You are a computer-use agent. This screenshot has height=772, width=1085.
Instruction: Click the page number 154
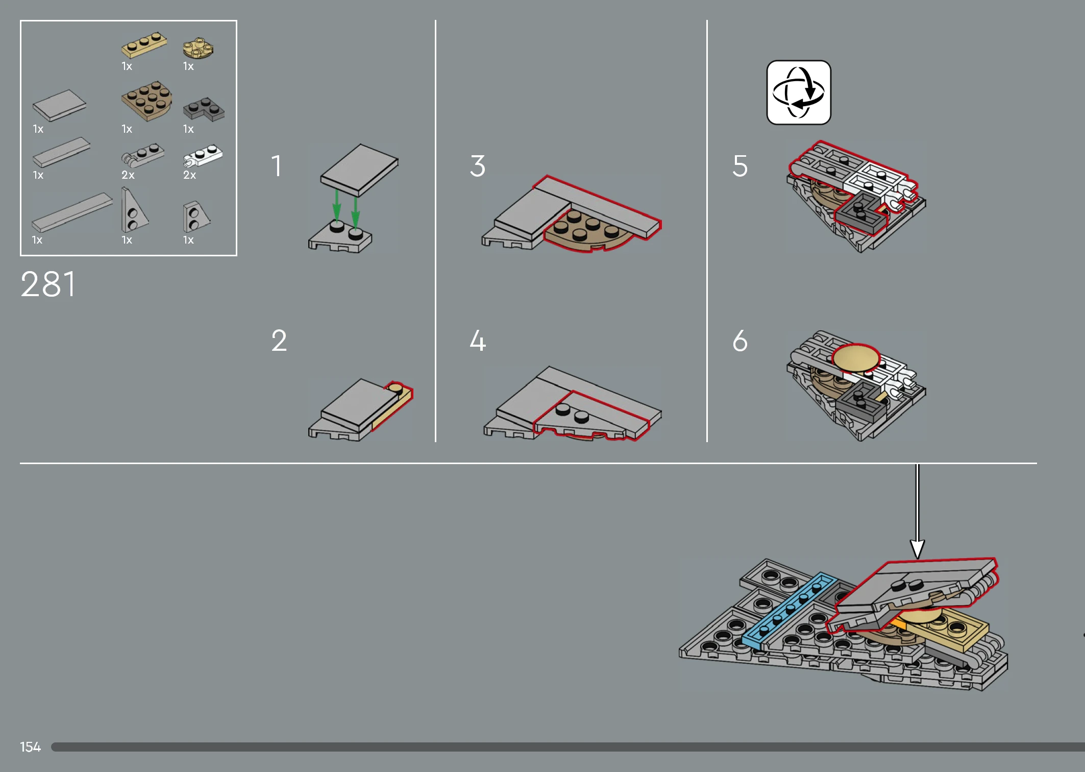[30, 747]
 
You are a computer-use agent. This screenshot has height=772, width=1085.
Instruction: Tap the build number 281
[48, 284]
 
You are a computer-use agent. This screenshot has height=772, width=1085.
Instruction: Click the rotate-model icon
[799, 92]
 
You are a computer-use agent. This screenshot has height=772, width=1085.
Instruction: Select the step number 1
[277, 166]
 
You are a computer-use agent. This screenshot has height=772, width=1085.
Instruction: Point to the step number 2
[279, 341]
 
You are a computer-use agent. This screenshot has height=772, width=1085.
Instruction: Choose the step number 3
[478, 166]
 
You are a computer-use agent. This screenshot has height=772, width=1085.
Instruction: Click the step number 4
[478, 341]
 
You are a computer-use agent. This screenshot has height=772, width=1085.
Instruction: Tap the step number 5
[740, 166]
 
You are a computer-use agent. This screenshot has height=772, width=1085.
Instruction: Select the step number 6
[740, 341]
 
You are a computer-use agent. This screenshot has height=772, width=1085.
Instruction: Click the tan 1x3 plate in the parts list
[144, 45]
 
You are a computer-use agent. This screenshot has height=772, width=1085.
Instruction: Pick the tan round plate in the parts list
[198, 47]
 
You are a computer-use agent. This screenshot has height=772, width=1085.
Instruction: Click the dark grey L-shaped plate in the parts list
[204, 109]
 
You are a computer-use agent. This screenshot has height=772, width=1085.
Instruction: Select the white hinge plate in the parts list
[203, 156]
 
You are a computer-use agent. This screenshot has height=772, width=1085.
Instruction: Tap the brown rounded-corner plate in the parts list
[146, 101]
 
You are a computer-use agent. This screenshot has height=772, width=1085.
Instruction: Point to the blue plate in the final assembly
[789, 611]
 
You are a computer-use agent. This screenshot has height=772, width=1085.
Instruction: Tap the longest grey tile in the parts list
[72, 212]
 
